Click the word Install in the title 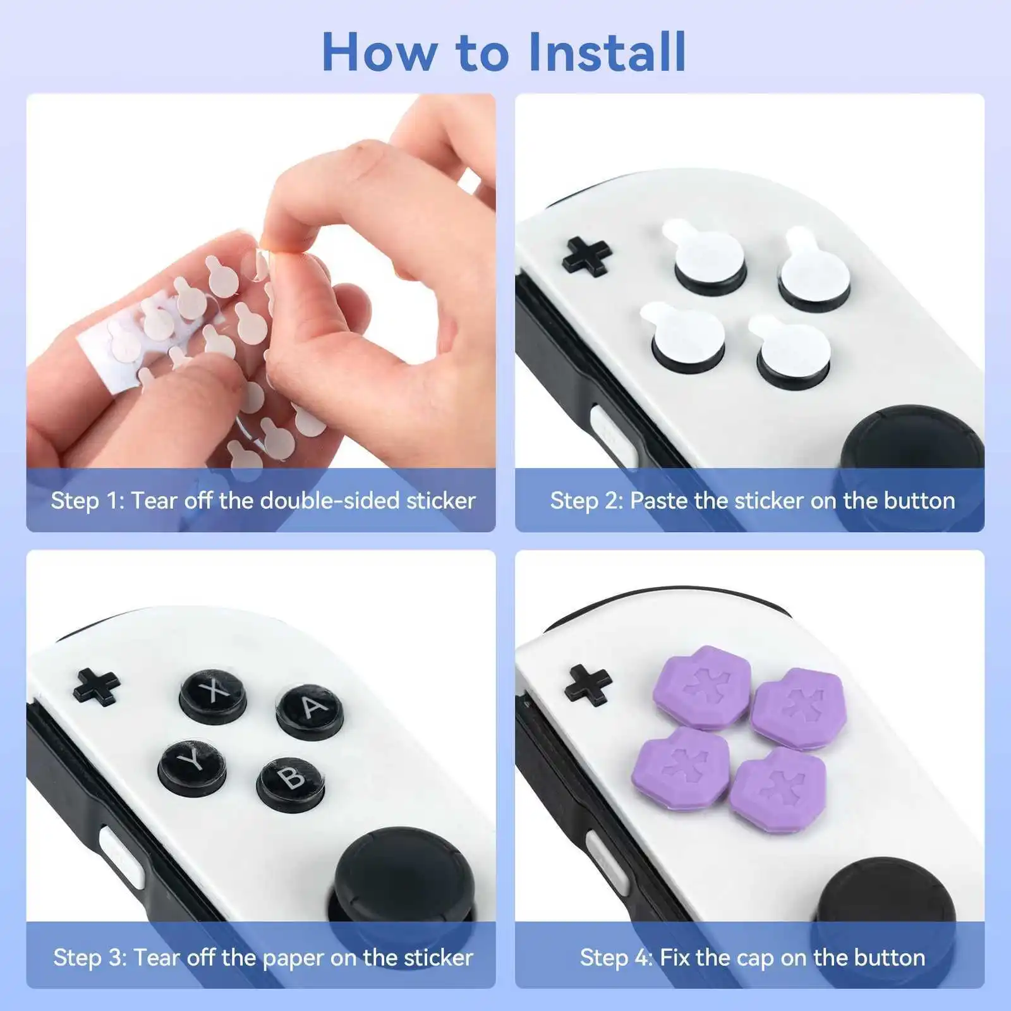point(607,52)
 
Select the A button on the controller point(310,711)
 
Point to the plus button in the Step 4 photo point(588,685)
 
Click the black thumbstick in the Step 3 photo point(385,872)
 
